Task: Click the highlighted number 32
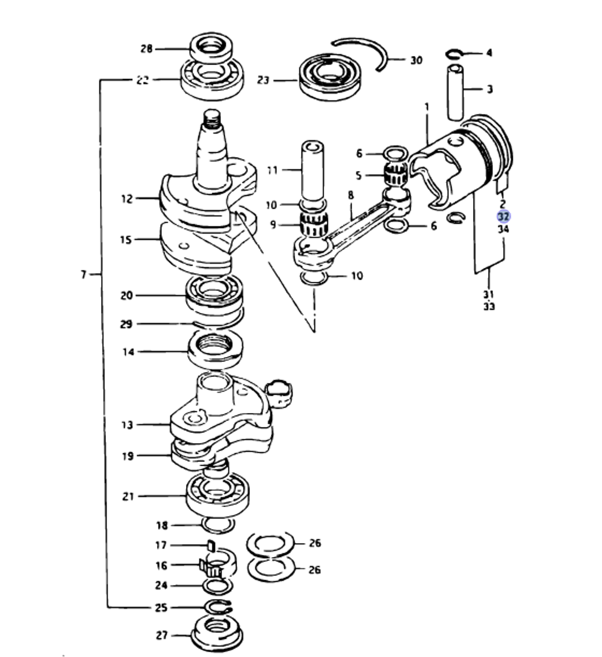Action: (503, 217)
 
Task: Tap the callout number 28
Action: (146, 49)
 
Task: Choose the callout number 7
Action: (84, 275)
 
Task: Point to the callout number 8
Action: (350, 195)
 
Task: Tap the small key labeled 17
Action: (211, 546)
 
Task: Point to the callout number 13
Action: (126, 425)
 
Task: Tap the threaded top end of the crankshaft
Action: (213, 121)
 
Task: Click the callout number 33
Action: (489, 307)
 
